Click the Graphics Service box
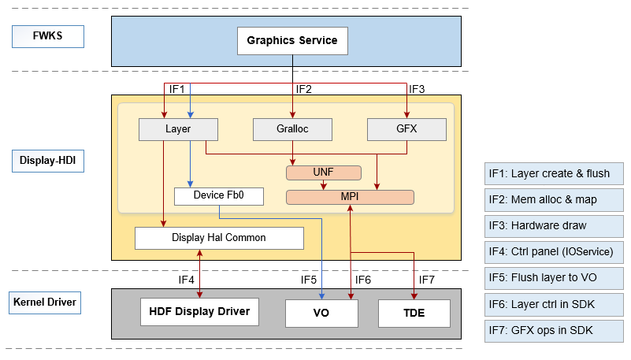[x=292, y=41]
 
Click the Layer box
[x=178, y=129]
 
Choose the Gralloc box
[x=293, y=129]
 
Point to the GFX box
[x=407, y=129]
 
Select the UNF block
[x=323, y=173]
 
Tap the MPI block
[x=349, y=197]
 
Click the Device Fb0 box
[x=217, y=195]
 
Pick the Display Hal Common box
[x=219, y=238]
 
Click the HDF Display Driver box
[x=200, y=312]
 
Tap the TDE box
[x=414, y=313]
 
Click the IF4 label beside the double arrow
[x=186, y=280]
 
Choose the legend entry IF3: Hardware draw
[x=555, y=226]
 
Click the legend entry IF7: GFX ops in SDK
[x=555, y=330]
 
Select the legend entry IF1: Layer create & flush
[x=555, y=174]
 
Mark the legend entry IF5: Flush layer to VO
[x=555, y=278]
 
